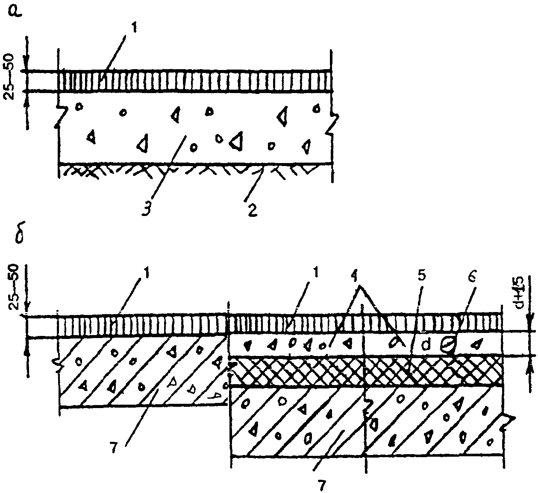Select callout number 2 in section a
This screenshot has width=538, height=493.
252,210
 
